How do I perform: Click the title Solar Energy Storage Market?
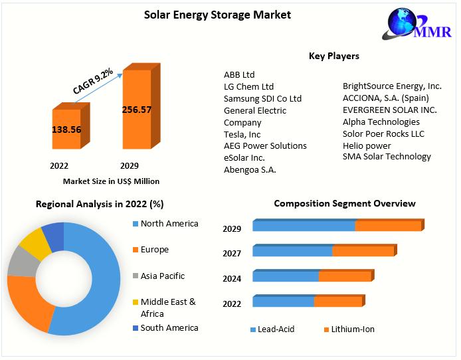[217, 14]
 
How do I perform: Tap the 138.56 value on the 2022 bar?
[66, 130]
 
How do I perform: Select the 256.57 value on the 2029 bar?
[137, 110]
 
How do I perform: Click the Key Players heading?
[334, 56]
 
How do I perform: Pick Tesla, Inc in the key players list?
[242, 134]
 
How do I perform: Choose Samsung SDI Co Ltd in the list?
[262, 98]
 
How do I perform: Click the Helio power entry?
[367, 145]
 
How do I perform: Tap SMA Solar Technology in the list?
[387, 157]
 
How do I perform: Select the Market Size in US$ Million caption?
[111, 181]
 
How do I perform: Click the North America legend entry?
[169, 224]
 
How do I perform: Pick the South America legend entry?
[169, 327]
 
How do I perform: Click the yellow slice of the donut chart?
[34, 244]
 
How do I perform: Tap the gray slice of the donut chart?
[21, 263]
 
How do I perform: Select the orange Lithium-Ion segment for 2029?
[388, 226]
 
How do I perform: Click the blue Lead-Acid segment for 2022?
[283, 302]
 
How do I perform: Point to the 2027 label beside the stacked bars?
[232, 254]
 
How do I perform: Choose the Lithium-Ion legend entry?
[353, 329]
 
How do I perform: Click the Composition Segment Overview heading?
[345, 204]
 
